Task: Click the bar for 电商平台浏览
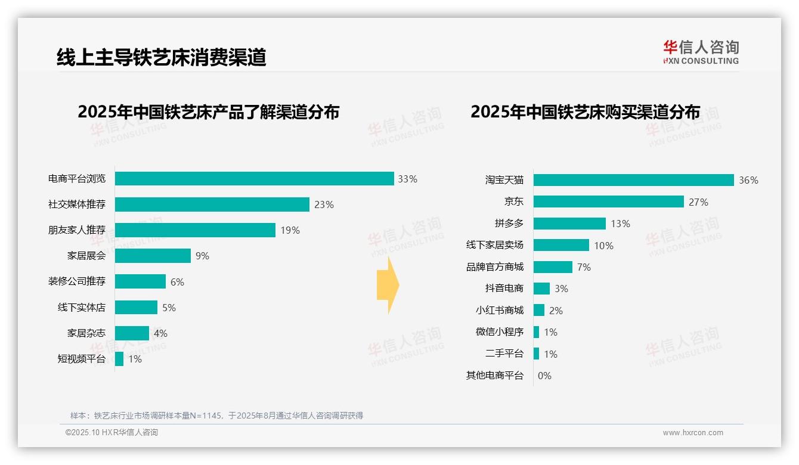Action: (255, 179)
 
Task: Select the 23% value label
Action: (324, 204)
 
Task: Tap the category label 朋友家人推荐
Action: (77, 230)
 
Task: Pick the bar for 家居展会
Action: (153, 256)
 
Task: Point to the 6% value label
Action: (177, 282)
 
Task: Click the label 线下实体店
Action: (82, 308)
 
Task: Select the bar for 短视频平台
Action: (119, 359)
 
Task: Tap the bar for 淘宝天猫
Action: (633, 180)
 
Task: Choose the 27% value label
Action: (698, 202)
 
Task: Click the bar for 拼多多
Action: (569, 224)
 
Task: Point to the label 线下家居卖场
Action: (495, 245)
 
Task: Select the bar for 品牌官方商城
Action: (553, 267)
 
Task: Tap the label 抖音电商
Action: (504, 289)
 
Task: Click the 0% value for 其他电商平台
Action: (544, 376)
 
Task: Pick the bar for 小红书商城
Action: (539, 311)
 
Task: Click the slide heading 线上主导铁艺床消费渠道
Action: (161, 57)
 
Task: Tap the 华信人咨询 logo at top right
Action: (701, 52)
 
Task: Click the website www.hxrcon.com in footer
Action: (693, 433)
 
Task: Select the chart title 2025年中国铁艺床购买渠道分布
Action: (585, 112)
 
